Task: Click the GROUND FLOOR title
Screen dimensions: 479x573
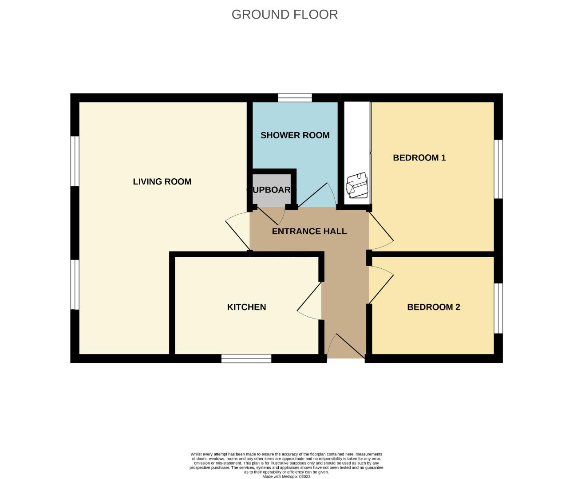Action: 285,15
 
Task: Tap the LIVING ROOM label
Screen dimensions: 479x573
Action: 162,181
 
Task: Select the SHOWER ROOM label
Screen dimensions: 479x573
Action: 295,135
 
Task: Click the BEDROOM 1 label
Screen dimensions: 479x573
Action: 419,157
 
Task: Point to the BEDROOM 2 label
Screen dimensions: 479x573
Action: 433,307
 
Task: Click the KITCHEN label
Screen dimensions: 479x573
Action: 246,307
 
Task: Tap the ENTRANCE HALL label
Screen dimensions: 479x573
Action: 309,231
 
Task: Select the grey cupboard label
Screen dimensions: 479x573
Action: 271,190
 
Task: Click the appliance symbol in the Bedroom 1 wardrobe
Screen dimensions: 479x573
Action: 357,185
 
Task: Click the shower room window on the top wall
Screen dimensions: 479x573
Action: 295,98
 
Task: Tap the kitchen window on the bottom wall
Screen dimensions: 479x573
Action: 246,358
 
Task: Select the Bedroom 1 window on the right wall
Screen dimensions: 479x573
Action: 498,169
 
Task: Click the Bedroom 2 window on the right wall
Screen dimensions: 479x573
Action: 498,308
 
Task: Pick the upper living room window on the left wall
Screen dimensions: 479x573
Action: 75,161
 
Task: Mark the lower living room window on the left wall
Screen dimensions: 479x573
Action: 75,284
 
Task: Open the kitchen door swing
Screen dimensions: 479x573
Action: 310,302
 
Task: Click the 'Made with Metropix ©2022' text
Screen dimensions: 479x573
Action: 286,477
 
